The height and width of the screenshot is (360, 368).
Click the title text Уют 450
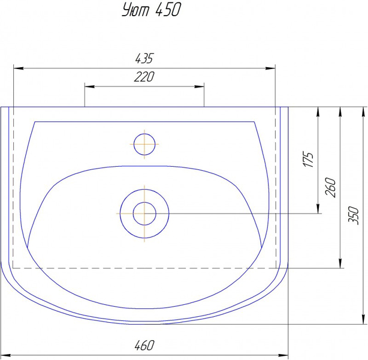152,10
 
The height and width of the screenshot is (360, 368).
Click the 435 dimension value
144,58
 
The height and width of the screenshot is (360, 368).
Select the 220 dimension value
144,77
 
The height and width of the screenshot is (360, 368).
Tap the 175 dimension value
308,160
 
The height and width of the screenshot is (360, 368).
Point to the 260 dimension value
330,187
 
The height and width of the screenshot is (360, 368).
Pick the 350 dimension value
354,215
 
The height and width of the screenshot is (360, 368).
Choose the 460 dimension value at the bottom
144,345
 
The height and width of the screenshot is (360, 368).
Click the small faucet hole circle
144,134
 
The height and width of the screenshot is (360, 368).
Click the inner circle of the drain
144,202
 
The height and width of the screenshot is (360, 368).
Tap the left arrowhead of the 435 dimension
19,68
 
